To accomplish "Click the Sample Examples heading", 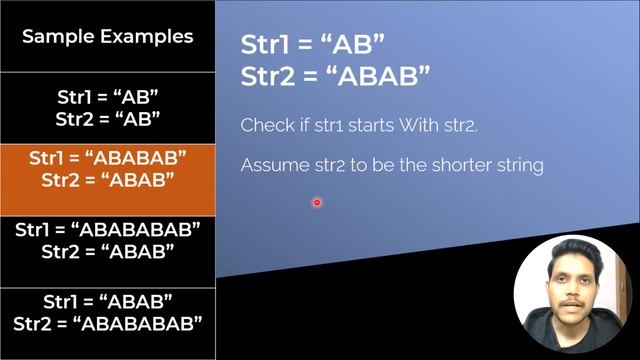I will (107, 37).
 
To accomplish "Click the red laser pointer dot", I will (317, 202).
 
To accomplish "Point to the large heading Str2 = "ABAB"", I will (336, 74).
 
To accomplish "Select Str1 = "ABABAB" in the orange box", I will (108, 159).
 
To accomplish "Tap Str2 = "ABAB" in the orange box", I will (108, 180).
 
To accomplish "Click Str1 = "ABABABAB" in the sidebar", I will (108, 229).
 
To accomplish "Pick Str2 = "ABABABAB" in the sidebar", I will (108, 323).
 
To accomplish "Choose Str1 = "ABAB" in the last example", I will (108, 301).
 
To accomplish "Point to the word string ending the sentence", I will (519, 165).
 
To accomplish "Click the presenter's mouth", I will (572, 304).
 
